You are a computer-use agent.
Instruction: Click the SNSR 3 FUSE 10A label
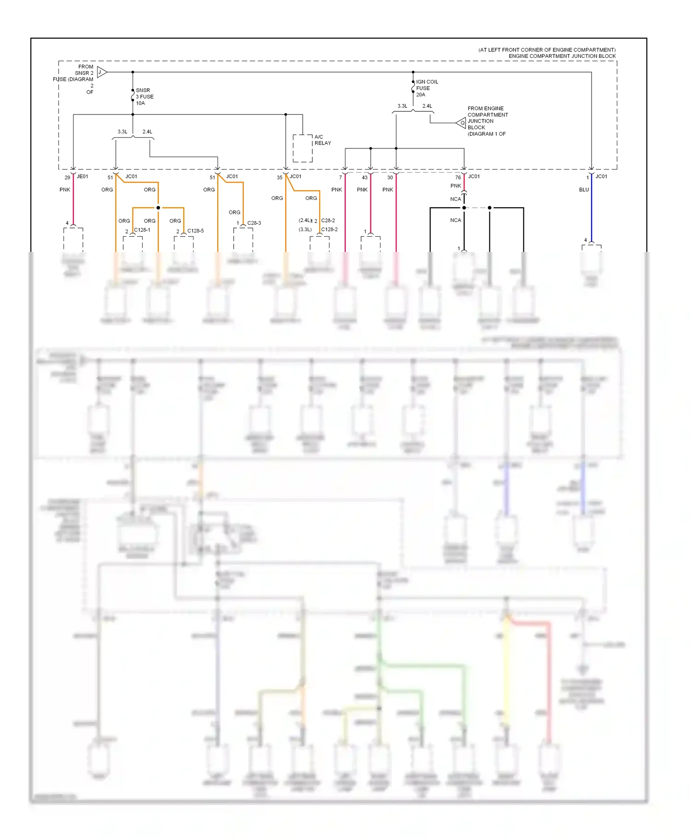[x=144, y=96]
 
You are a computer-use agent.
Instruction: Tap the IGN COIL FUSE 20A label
[x=426, y=88]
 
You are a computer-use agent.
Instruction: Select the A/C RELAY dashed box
[x=303, y=148]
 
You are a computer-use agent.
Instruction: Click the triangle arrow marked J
[x=102, y=72]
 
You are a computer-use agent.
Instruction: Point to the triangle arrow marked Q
[x=461, y=123]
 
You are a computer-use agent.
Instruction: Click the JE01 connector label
[x=82, y=176]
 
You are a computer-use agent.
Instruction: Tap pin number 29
[x=67, y=177]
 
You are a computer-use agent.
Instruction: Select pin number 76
[x=458, y=177]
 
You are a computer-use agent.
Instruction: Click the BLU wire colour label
[x=584, y=190]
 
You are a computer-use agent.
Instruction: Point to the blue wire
[x=591, y=211]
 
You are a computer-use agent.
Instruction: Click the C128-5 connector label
[x=195, y=231]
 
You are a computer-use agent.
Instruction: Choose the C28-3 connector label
[x=254, y=223]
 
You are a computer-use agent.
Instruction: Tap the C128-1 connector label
[x=142, y=230]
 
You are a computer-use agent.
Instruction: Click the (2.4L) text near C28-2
[x=305, y=221]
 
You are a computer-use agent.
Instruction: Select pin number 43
[x=364, y=177]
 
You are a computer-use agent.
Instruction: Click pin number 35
[x=279, y=177]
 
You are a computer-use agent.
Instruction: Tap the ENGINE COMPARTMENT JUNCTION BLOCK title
[x=562, y=56]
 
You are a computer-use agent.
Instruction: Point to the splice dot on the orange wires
[x=158, y=208]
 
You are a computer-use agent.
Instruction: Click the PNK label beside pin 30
[x=387, y=190]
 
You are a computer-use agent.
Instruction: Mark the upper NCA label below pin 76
[x=455, y=199]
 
